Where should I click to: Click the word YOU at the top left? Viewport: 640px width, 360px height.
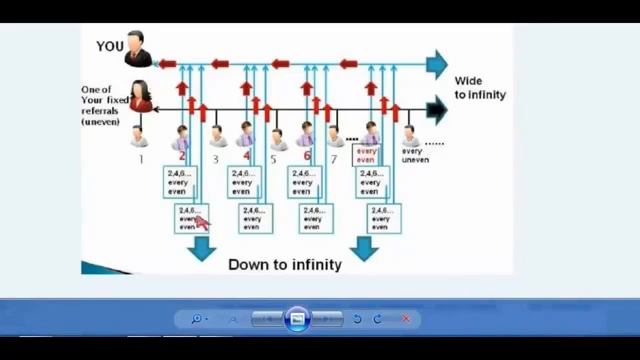click(x=110, y=46)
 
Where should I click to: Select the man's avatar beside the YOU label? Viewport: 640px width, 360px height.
click(x=138, y=49)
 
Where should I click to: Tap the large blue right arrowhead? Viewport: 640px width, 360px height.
click(x=436, y=64)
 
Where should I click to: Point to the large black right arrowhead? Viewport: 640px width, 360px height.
click(x=436, y=109)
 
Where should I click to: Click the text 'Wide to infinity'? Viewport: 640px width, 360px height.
click(x=480, y=88)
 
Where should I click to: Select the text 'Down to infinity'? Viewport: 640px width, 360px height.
click(x=285, y=265)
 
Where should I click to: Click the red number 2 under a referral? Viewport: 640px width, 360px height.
click(x=182, y=156)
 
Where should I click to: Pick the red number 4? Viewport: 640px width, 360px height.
click(x=246, y=156)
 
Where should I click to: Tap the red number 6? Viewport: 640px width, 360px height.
click(x=307, y=156)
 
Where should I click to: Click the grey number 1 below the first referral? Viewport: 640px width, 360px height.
click(x=141, y=158)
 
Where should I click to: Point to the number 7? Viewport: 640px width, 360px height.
click(x=334, y=158)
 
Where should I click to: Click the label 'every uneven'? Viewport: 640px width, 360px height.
click(x=414, y=155)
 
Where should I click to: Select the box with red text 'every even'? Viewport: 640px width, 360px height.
click(x=366, y=155)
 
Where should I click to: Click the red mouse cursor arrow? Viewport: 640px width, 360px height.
click(x=202, y=222)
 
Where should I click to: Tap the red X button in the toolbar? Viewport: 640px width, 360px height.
click(x=405, y=319)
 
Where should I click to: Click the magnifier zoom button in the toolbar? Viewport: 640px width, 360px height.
click(x=197, y=319)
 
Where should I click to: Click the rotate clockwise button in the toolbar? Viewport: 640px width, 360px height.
click(x=378, y=319)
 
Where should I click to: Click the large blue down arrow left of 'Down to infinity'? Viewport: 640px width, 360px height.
click(x=203, y=247)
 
